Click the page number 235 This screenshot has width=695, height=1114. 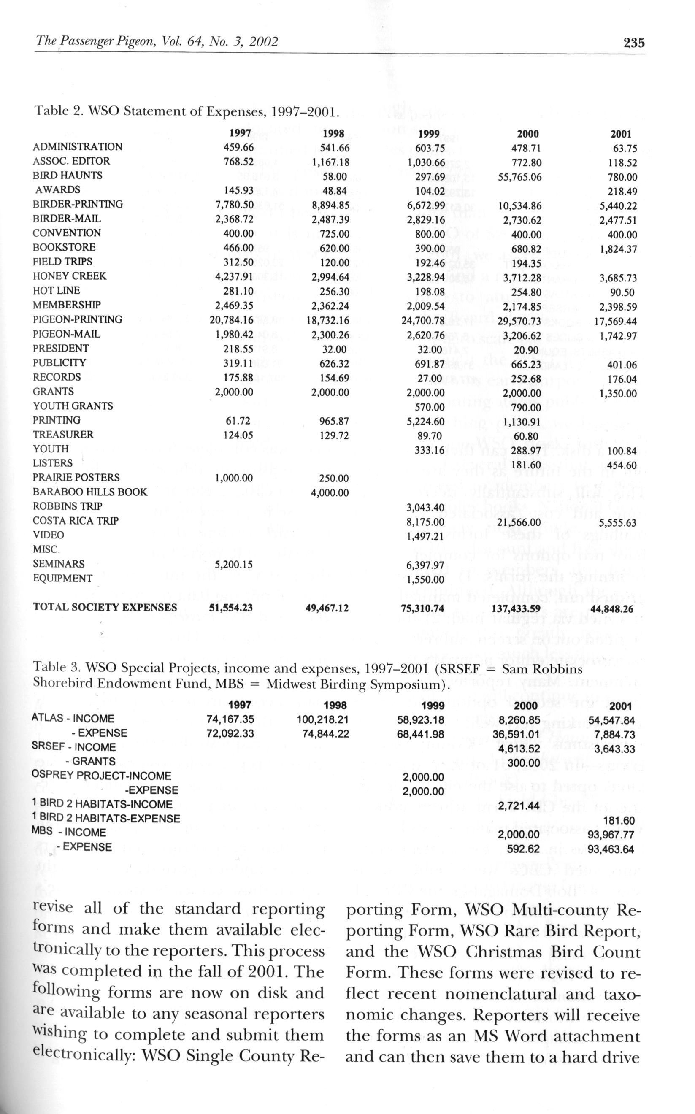(x=634, y=43)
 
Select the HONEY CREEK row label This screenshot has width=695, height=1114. (x=69, y=276)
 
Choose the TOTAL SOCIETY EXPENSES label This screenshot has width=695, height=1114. (x=105, y=608)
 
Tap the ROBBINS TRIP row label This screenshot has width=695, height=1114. (x=67, y=506)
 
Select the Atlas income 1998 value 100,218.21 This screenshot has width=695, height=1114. (x=323, y=719)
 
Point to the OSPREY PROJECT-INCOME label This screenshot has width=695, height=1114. (x=101, y=776)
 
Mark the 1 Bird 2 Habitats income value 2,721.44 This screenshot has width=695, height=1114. (x=519, y=806)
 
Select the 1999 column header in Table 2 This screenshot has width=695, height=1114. (x=429, y=134)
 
